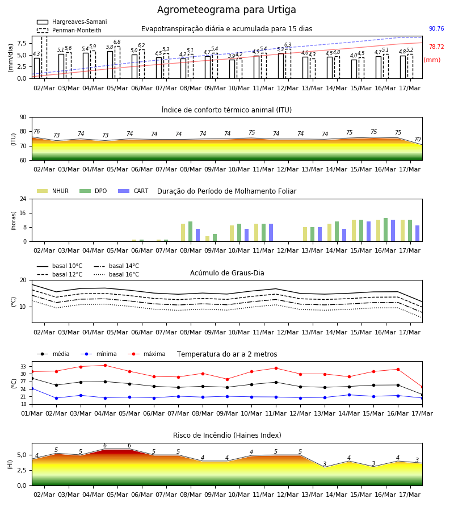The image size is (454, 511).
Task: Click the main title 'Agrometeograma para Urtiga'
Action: pyautogui.click(x=226, y=10)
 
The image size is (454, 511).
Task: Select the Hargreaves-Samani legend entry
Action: pyautogui.click(x=72, y=22)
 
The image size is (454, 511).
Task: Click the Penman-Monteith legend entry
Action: pyautogui.click(x=69, y=30)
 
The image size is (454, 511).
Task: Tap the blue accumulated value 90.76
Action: pyautogui.click(x=436, y=29)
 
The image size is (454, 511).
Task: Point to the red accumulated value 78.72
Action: pyautogui.click(x=436, y=47)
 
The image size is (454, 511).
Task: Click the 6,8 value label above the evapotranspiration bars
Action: pyautogui.click(x=117, y=42)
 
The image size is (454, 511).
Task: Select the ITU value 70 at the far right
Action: pyautogui.click(x=417, y=139)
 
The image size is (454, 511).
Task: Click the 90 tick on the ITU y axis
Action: pyautogui.click(x=23, y=118)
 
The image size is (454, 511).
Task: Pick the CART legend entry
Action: pyautogui.click(x=133, y=191)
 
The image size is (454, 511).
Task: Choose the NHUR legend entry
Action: pyautogui.click(x=53, y=191)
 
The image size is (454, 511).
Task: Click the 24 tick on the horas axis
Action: pyautogui.click(x=23, y=199)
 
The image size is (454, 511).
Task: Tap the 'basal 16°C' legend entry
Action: pyautogui.click(x=116, y=274)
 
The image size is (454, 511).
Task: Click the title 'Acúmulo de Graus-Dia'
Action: pyautogui.click(x=227, y=273)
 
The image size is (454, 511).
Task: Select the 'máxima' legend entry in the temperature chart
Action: pyautogui.click(x=147, y=354)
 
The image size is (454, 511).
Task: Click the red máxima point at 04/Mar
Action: pyautogui.click(x=105, y=365)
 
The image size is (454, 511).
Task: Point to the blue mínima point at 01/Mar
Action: pyautogui.click(x=32, y=389)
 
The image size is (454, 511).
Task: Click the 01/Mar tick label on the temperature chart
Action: pyautogui.click(x=32, y=413)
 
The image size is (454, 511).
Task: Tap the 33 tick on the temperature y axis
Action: pyautogui.click(x=23, y=367)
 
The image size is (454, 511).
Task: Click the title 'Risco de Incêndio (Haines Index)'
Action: pyautogui.click(x=227, y=435)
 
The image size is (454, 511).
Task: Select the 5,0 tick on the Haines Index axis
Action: pyautogui.click(x=22, y=455)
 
